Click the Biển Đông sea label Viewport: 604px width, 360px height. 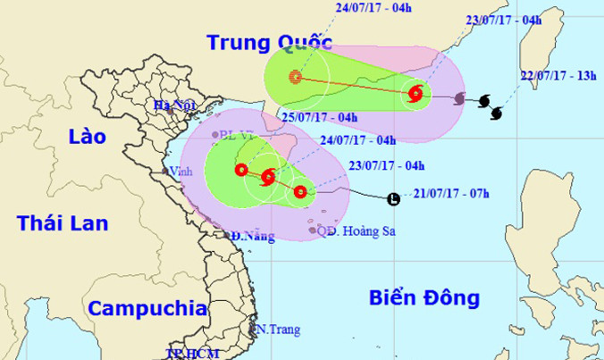click(424, 297)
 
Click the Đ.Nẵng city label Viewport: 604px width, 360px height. click(249, 237)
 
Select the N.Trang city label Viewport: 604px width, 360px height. click(275, 330)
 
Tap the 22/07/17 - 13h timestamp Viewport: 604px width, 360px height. click(559, 76)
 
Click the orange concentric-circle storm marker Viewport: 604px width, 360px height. click(295, 78)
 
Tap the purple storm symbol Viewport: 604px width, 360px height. click(459, 97)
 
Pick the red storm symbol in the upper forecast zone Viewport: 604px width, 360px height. click(415, 93)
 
